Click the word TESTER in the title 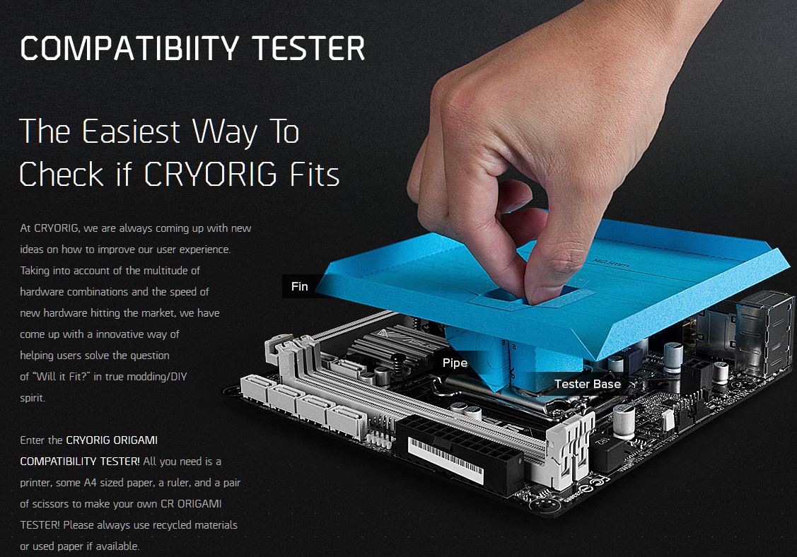point(308,49)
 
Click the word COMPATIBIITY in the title point(129,49)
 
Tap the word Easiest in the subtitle point(131,131)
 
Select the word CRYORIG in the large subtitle point(211,175)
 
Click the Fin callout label point(299,287)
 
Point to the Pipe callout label point(455,363)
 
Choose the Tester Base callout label point(588,385)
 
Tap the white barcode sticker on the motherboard point(446,460)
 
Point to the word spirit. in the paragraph point(33,398)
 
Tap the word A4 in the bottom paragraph point(90,483)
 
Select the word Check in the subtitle point(62,175)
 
